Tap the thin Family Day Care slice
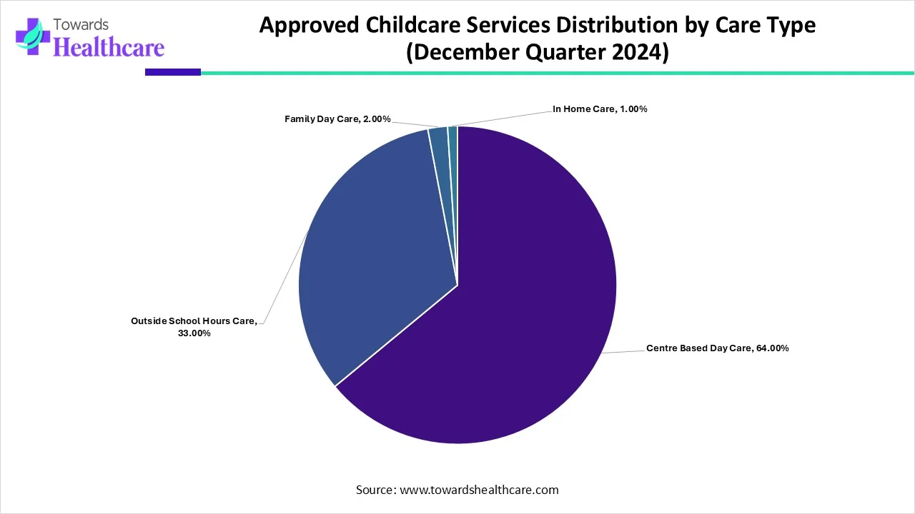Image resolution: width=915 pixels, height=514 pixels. click(x=440, y=143)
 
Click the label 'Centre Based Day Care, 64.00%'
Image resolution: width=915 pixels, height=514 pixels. click(x=717, y=348)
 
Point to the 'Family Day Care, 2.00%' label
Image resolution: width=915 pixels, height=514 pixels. click(x=337, y=119)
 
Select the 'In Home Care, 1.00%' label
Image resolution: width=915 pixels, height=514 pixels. click(x=600, y=109)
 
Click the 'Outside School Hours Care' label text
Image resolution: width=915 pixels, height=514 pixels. click(x=194, y=321)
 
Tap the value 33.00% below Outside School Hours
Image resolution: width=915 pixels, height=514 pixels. click(x=194, y=333)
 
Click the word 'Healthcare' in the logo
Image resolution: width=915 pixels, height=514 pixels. click(x=109, y=47)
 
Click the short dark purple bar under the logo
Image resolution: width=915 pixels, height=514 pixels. click(x=172, y=72)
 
